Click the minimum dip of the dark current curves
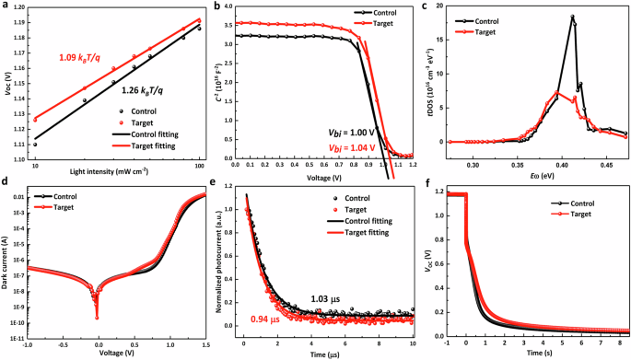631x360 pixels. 97,319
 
